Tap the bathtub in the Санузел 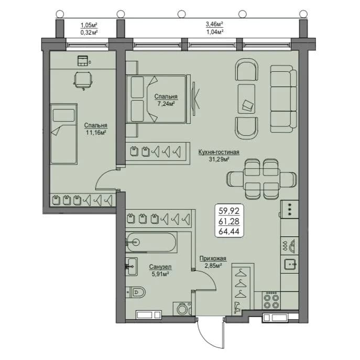[x=151, y=242]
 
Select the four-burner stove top [x=271, y=301]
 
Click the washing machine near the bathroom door [x=182, y=308]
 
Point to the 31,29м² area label [x=219, y=159]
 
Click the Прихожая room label [x=213, y=258]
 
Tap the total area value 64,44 [x=229, y=232]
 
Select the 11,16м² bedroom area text [x=96, y=133]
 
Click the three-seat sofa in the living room [x=283, y=99]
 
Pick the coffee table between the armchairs [x=247, y=99]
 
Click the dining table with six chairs [x=261, y=179]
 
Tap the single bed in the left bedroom [x=63, y=134]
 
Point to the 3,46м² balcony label [x=214, y=24]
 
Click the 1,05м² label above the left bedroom [x=89, y=25]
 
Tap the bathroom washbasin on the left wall [x=132, y=266]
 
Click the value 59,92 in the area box [x=229, y=211]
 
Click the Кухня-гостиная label [x=219, y=152]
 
